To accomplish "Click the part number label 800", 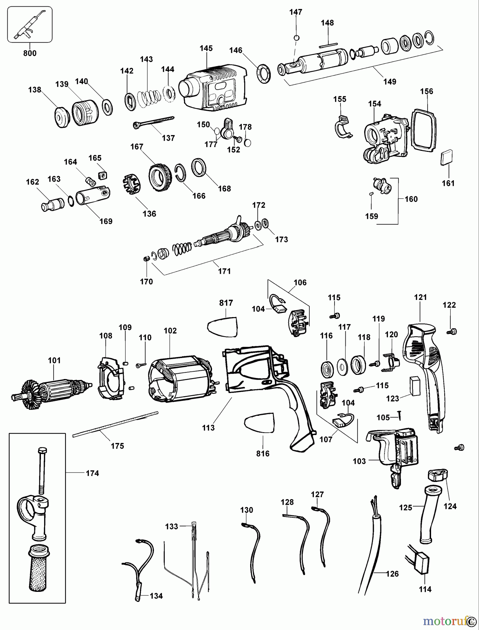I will pos(30,53).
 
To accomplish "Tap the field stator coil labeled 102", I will pos(180,381).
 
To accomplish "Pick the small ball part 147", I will pos(296,38).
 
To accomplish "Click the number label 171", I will pos(224,271).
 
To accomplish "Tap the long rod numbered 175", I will pos(115,425).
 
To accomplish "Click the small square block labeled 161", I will pos(446,158).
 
